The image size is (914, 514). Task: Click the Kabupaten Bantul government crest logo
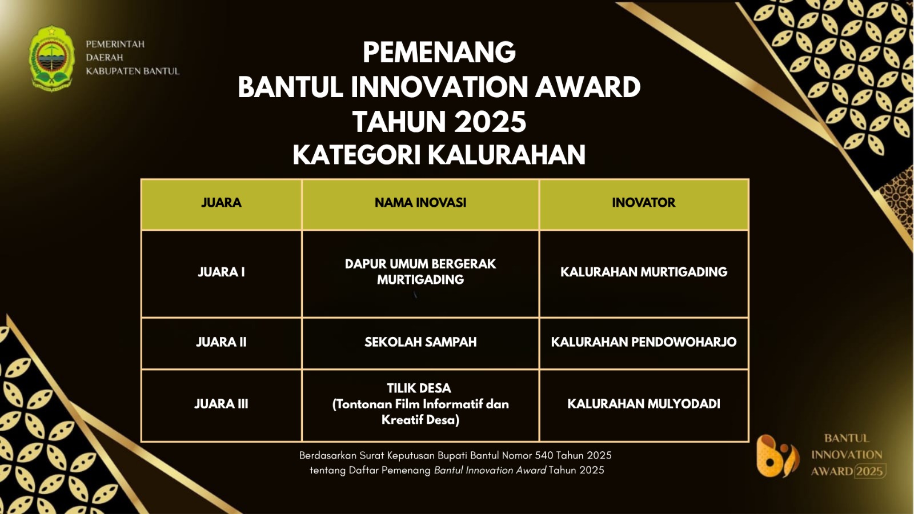[51, 58]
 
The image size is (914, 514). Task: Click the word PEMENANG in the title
[439, 52]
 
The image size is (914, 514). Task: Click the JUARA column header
[221, 203]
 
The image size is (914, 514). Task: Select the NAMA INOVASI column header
[420, 203]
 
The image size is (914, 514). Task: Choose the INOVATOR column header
[643, 203]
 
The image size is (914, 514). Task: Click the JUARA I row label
[221, 272]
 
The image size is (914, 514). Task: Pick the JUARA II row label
[221, 342]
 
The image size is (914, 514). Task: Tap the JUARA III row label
[221, 404]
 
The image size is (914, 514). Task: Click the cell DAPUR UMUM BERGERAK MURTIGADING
[420, 272]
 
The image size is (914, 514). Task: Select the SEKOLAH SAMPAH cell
[420, 342]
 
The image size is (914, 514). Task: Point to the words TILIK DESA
[419, 388]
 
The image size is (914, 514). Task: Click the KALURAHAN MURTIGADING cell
[643, 272]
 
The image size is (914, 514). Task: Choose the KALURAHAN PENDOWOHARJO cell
[643, 342]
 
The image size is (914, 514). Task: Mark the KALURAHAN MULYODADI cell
[643, 404]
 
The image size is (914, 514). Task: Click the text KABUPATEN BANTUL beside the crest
[133, 71]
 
